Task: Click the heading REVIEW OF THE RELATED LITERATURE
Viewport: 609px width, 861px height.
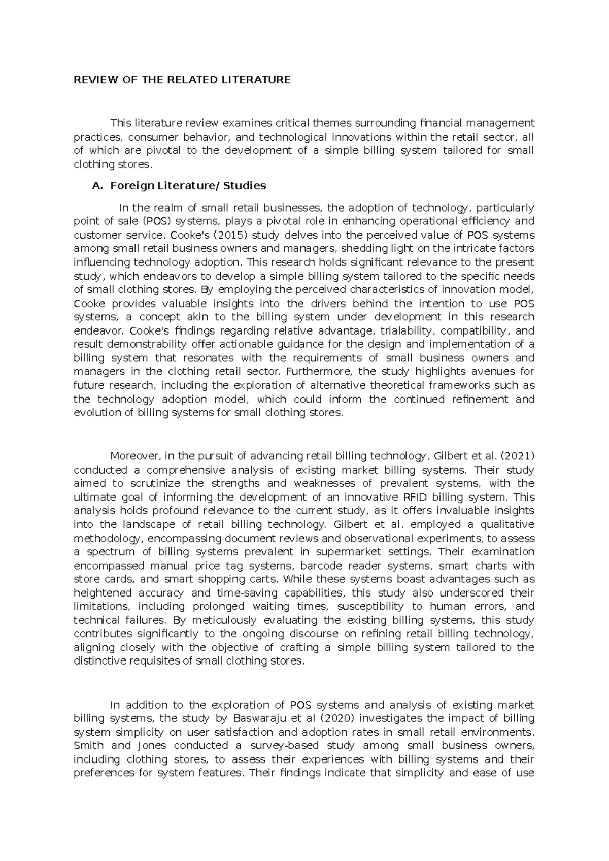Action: click(x=182, y=80)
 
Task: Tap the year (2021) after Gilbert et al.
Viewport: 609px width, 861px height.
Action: click(x=517, y=456)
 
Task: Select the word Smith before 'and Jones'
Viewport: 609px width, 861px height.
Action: click(x=89, y=746)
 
